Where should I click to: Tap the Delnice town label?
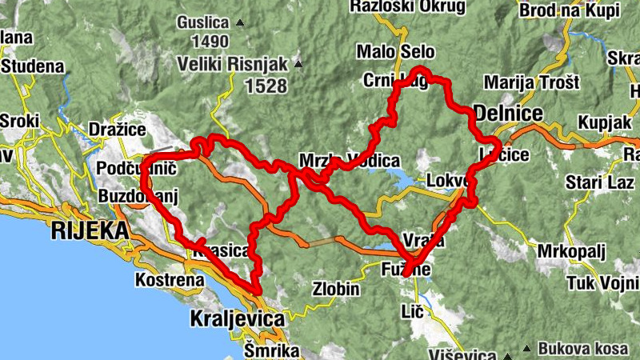508,110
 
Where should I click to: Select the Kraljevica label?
237,319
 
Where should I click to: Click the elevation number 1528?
266,86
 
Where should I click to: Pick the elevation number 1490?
210,41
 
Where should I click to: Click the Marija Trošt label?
530,83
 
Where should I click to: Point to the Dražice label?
117,129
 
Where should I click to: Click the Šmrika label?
271,350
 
